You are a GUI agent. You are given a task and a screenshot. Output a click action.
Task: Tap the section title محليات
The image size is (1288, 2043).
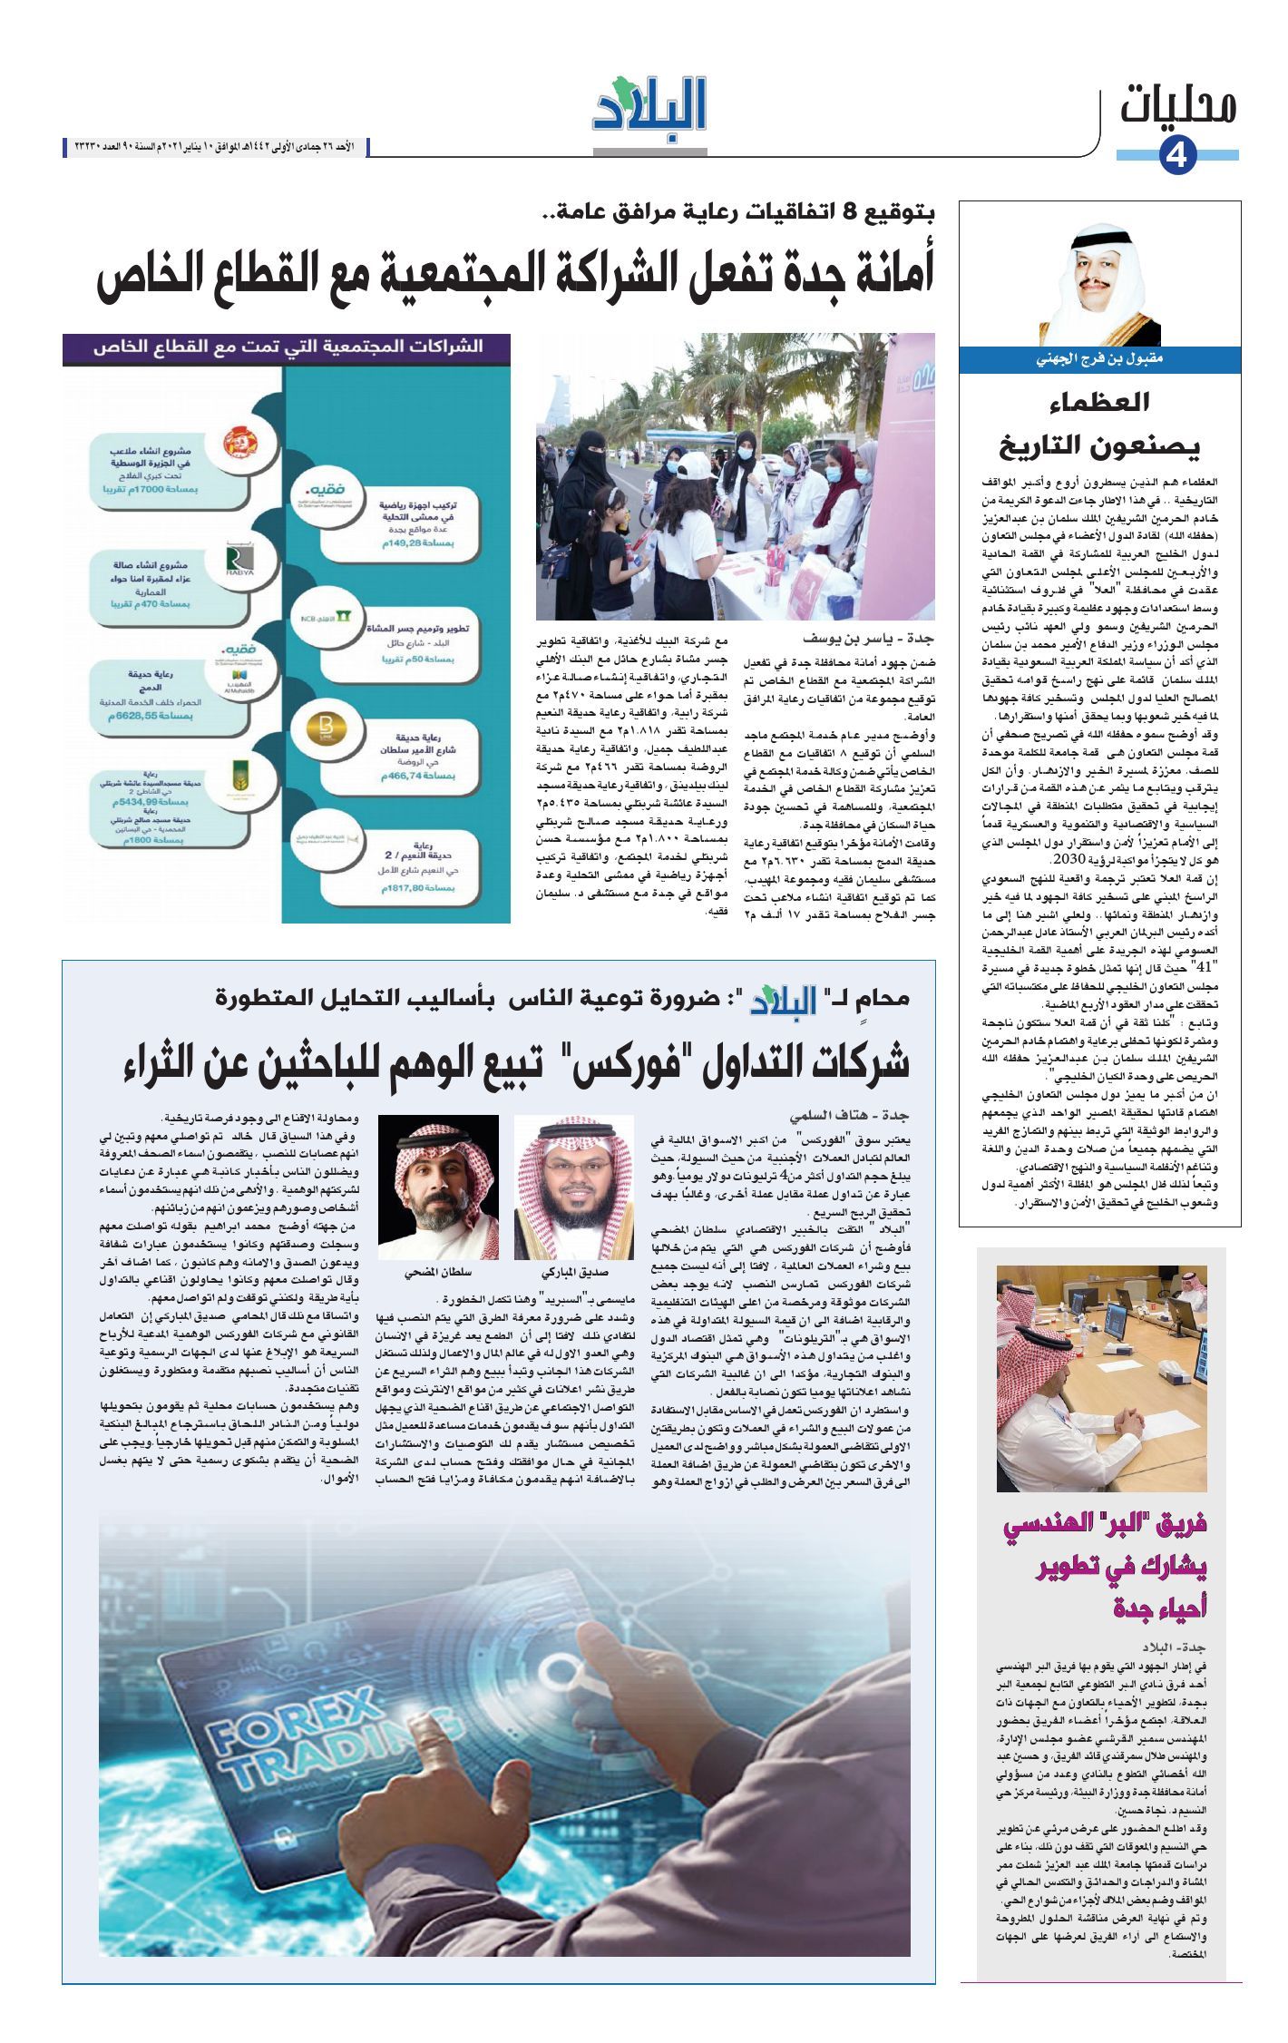pos(1177,107)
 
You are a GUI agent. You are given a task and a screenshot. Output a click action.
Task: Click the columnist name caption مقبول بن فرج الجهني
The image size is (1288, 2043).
pos(1099,359)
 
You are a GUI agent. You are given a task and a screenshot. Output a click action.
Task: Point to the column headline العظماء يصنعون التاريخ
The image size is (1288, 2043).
pos(1099,425)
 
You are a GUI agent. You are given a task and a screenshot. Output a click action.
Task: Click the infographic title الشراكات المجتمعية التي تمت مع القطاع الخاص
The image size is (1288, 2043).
pos(288,349)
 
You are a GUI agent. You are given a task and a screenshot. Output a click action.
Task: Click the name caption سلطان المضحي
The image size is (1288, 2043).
pos(438,1274)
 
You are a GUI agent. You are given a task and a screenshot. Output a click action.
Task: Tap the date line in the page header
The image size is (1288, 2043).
pos(218,146)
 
